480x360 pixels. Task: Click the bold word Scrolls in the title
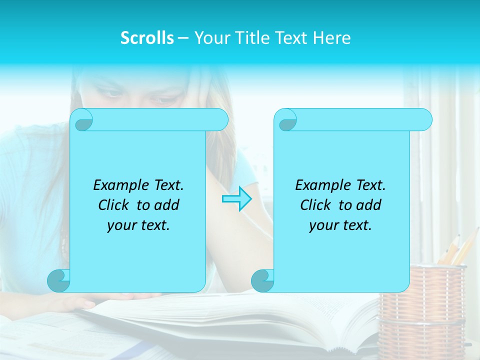147,38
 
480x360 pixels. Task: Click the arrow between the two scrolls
236,198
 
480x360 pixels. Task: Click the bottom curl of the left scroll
58,280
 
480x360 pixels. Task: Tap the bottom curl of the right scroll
262,280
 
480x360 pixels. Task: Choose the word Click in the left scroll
115,205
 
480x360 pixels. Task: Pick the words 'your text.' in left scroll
138,225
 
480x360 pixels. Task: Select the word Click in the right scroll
317,205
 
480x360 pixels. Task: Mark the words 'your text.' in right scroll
340,225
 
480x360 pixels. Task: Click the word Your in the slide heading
210,38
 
